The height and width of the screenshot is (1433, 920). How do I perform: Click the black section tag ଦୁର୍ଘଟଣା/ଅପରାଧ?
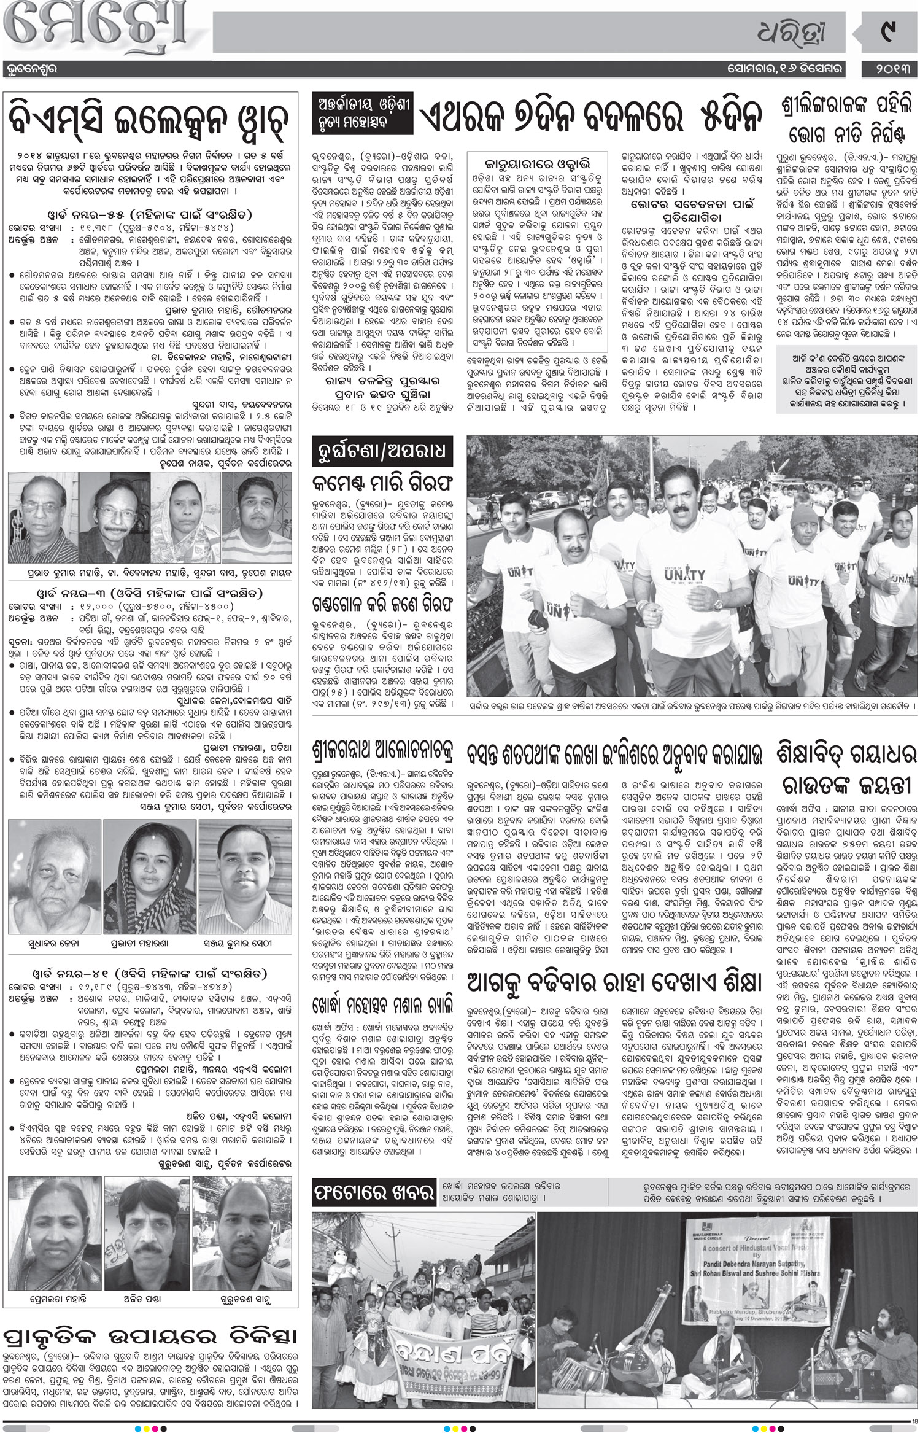point(383,452)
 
